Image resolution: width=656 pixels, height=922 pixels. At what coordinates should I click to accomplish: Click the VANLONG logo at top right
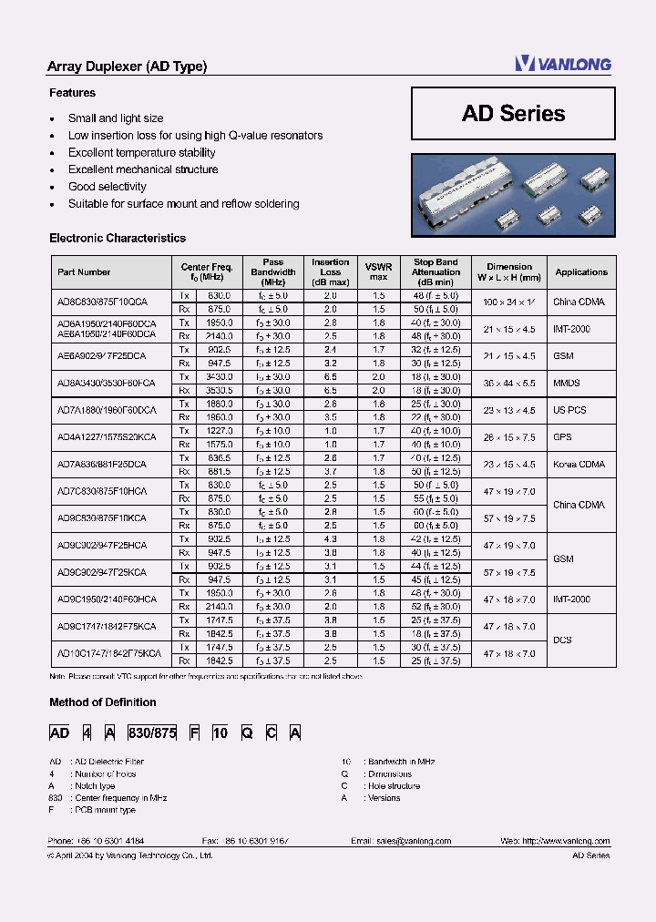pyautogui.click(x=562, y=63)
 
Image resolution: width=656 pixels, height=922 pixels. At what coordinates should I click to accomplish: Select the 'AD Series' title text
pyautogui.click(x=513, y=114)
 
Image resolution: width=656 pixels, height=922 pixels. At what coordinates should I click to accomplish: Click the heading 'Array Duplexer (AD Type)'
pyautogui.click(x=127, y=67)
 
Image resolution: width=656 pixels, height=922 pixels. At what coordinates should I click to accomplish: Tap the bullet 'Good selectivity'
pyautogui.click(x=107, y=187)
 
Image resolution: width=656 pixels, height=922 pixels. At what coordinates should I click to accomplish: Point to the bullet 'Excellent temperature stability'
pyautogui.click(x=141, y=153)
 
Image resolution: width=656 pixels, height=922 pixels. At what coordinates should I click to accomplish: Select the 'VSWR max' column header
pyautogui.click(x=379, y=271)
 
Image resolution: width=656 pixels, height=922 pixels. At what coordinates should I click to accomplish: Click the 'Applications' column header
pyautogui.click(x=581, y=272)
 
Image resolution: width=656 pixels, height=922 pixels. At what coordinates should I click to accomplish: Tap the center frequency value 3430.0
pyautogui.click(x=219, y=376)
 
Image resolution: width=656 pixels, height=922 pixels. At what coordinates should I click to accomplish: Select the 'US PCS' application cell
pyautogui.click(x=569, y=410)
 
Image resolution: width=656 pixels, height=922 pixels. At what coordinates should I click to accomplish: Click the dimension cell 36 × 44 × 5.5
pyautogui.click(x=508, y=384)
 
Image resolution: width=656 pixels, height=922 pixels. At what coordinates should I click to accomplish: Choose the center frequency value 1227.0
pyautogui.click(x=219, y=431)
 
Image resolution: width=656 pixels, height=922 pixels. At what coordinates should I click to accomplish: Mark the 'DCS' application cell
pyautogui.click(x=562, y=640)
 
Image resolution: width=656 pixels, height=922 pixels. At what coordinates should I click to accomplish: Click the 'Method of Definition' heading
pyautogui.click(x=102, y=702)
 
